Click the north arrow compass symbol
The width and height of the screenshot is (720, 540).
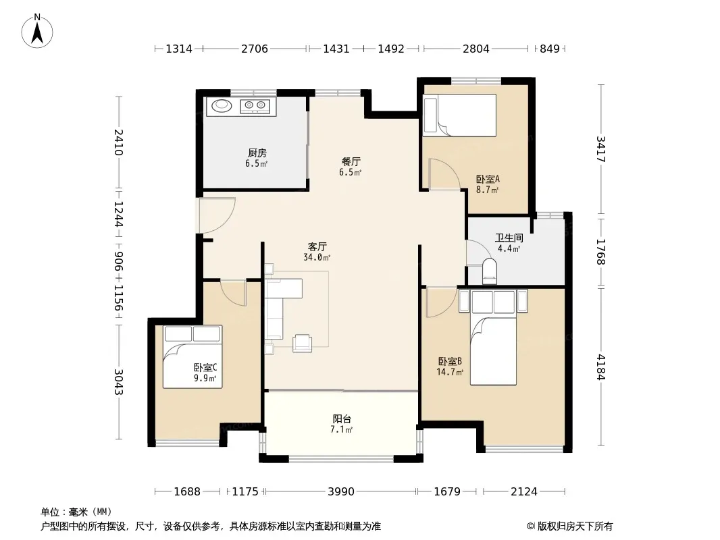pyautogui.click(x=37, y=31)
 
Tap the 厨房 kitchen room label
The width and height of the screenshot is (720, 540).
pyautogui.click(x=257, y=153)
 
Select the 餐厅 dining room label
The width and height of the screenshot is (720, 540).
pyautogui.click(x=351, y=161)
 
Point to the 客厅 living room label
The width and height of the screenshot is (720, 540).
pyautogui.click(x=317, y=247)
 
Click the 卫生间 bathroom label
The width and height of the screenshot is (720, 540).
pyautogui.click(x=509, y=238)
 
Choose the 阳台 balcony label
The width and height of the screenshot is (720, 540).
pyautogui.click(x=342, y=419)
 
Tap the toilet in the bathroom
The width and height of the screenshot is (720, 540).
pyautogui.click(x=490, y=271)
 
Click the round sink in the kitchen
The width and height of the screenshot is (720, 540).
pyautogui.click(x=222, y=105)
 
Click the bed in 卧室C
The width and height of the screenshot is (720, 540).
pyautogui.click(x=193, y=357)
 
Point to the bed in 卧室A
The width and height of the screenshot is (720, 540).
pyautogui.click(x=459, y=115)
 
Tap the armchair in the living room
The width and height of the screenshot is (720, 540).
pyautogui.click(x=303, y=343)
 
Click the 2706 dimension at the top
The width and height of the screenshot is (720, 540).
pyautogui.click(x=255, y=49)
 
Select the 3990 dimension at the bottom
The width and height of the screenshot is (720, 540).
pyautogui.click(x=340, y=492)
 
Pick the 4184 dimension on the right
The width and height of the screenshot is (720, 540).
pyautogui.click(x=601, y=367)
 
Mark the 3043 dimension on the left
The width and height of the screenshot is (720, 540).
pyautogui.click(x=118, y=382)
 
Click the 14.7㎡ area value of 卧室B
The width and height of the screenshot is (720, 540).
pyautogui.click(x=450, y=372)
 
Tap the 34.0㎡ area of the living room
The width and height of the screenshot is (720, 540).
pyautogui.click(x=317, y=257)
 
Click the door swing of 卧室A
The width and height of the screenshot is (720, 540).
pyautogui.click(x=444, y=174)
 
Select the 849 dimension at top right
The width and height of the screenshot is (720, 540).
pyautogui.click(x=550, y=49)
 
